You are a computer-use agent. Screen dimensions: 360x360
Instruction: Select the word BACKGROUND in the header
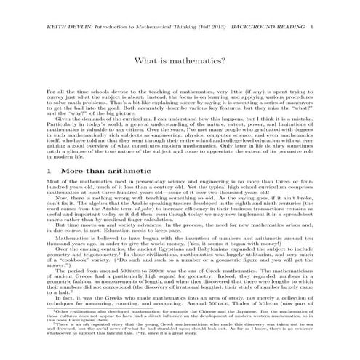tap(281, 6)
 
